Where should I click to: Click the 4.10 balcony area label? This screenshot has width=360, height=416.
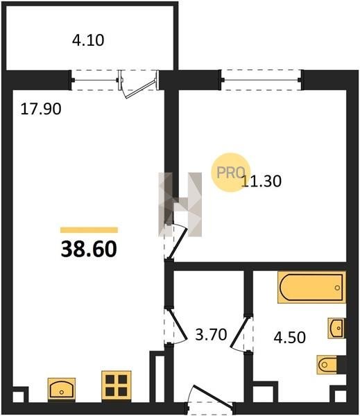coord(88,41)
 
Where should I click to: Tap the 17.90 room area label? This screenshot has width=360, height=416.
coord(41,109)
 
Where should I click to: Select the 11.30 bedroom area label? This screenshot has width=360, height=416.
coord(262,182)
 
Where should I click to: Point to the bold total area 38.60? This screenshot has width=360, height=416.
coord(89,250)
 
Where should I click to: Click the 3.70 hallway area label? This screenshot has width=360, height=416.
coord(211,334)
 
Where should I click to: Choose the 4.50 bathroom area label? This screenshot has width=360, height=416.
coord(290,338)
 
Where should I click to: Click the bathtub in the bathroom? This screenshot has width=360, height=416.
coord(312,287)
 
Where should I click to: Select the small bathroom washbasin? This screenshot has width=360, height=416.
coord(336,328)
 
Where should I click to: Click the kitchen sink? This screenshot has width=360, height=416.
coord(62,389)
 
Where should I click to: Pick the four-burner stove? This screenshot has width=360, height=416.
coord(117,385)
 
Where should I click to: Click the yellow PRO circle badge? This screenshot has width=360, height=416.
coord(230,173)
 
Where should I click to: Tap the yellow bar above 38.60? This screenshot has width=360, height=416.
coord(89,230)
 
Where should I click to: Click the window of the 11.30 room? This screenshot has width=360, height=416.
coord(262,80)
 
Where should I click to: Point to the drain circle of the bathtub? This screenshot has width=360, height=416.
coord(337,288)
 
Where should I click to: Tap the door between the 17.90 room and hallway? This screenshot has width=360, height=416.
coord(175,326)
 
